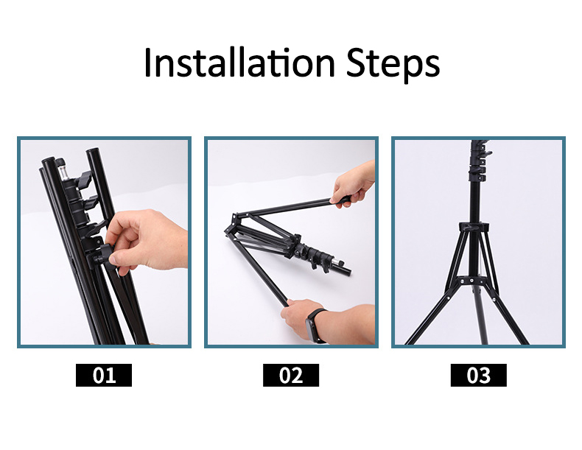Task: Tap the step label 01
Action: click(x=104, y=376)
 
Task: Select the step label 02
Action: click(x=291, y=376)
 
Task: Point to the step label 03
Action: click(x=478, y=376)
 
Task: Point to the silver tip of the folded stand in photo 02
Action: click(x=341, y=264)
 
